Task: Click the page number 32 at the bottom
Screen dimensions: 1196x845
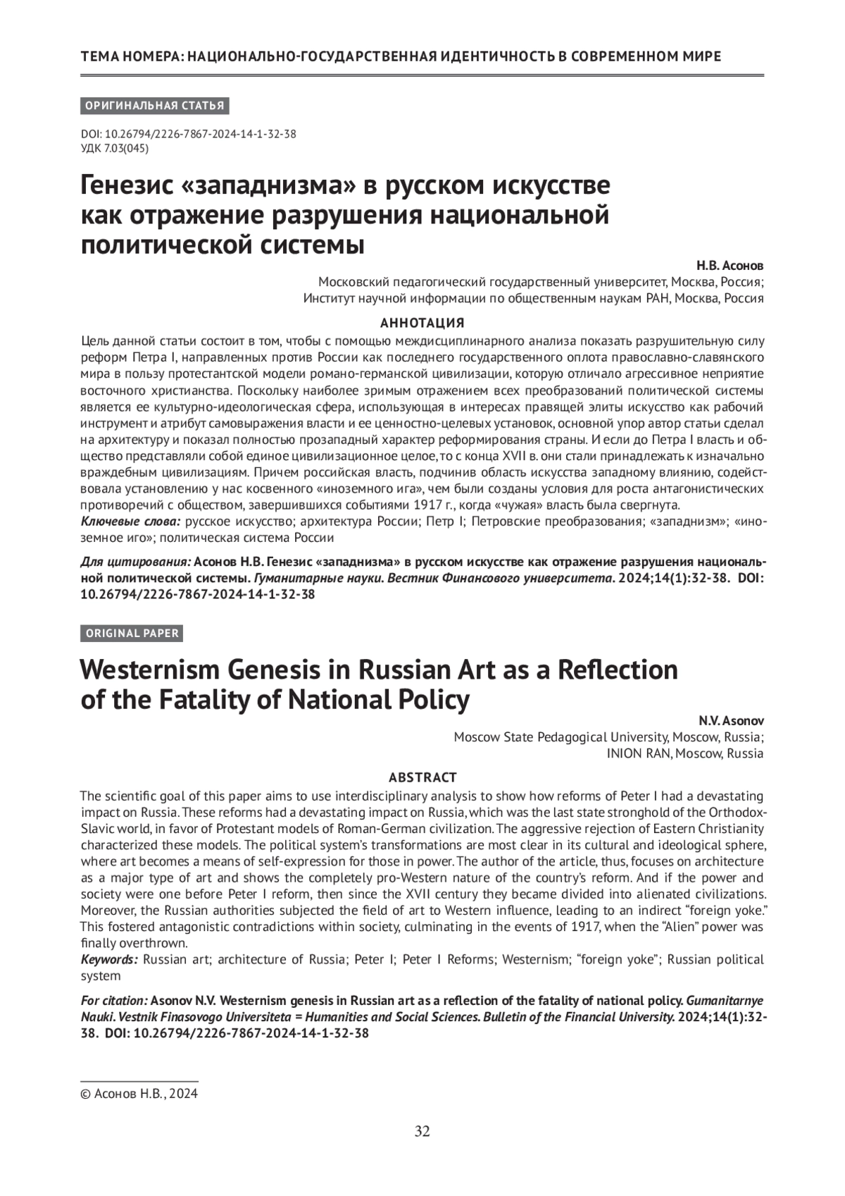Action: (422, 1132)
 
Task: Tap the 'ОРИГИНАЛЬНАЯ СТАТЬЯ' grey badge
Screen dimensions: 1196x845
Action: (155, 106)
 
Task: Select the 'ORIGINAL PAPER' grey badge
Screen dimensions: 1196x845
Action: (132, 633)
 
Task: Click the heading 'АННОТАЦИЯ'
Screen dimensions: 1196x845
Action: (422, 323)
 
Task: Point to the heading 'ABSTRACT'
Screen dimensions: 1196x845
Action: (423, 777)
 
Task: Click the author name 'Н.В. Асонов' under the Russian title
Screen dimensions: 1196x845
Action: (730, 266)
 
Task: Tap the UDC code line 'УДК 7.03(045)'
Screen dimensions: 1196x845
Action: (115, 148)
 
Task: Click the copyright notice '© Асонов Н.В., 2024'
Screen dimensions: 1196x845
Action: (139, 1095)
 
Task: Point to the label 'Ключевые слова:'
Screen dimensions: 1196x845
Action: (131, 522)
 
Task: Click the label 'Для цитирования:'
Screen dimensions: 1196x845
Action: (135, 562)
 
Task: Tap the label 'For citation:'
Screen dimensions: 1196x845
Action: (114, 1000)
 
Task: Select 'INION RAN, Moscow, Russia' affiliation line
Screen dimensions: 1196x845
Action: (684, 753)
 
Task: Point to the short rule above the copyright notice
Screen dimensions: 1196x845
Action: (139, 1080)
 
